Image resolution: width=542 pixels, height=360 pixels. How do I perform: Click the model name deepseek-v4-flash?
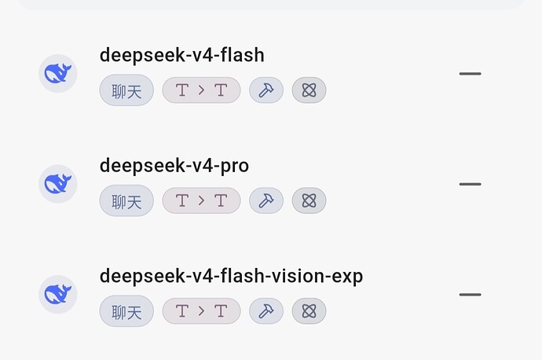pos(181,56)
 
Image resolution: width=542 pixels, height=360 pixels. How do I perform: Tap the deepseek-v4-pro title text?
pos(174,166)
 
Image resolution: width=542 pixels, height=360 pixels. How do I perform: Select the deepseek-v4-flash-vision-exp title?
pos(231,277)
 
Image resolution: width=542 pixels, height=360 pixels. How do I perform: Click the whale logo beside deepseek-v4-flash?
pos(57,73)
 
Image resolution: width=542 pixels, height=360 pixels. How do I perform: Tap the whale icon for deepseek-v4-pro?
pos(57,184)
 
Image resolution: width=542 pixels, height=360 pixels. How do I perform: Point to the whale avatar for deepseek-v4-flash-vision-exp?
pos(57,294)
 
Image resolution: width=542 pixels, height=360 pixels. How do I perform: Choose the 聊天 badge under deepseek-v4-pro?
pos(126,200)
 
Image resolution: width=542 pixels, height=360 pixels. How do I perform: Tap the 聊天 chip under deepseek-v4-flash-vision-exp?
pos(126,311)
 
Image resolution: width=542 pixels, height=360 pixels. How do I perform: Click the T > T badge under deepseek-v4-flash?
pos(202,90)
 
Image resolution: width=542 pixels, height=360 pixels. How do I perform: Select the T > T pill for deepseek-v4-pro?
pos(202,200)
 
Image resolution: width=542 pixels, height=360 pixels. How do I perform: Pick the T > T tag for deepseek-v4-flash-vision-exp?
pos(202,311)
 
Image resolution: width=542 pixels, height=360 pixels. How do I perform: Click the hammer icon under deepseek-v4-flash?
pos(266,90)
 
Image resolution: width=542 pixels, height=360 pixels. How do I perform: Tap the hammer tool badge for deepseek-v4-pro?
pos(266,200)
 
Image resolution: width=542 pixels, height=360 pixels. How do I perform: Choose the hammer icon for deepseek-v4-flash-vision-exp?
pos(266,311)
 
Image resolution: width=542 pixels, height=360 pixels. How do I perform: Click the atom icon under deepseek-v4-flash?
pos(309,90)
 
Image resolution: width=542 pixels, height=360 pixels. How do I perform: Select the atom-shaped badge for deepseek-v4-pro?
pos(309,200)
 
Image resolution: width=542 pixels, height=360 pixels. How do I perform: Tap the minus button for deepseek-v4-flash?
pos(470,74)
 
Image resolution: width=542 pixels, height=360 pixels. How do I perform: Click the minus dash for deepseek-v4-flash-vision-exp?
pos(470,295)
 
